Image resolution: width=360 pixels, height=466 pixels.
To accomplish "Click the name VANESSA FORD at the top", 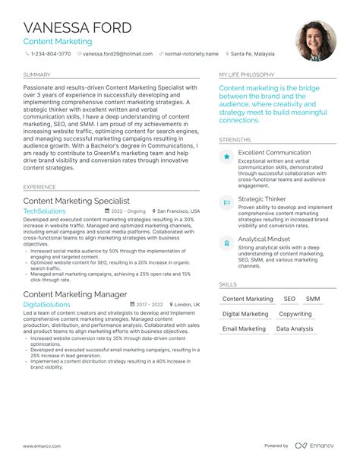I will pos(77,27).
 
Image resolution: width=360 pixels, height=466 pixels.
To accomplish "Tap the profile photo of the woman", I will pos(315,40).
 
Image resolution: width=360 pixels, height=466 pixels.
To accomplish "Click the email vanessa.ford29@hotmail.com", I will pos(117,55).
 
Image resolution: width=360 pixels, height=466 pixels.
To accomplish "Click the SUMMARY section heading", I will pos(37,75).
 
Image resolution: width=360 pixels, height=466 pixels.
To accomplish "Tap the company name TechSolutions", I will pos(45,211).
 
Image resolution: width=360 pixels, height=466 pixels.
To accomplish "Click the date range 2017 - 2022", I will pos(151,304).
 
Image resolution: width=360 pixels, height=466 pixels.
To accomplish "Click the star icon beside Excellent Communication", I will pos(226,157).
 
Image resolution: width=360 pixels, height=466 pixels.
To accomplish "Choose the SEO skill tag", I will pos(289,300).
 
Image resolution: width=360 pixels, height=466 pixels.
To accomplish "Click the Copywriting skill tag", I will pos(295,314).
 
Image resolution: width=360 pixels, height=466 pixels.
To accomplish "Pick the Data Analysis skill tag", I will pos(294,329).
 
